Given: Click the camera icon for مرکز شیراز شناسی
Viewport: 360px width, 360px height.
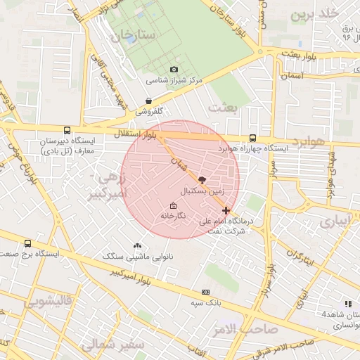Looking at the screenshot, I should click(174, 69).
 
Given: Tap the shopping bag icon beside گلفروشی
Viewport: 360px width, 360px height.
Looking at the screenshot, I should click(149, 101).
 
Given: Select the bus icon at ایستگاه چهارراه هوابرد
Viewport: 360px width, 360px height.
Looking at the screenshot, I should click(252, 139).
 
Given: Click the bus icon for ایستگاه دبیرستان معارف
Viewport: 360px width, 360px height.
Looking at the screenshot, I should click(67, 130).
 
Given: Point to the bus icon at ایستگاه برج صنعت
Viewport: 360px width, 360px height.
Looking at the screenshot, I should click(27, 243).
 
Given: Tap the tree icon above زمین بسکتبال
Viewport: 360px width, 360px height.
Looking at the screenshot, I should click(202, 180).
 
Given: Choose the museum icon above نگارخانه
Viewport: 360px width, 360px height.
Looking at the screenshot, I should click(173, 205).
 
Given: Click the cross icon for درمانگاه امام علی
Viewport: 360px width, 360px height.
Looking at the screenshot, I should click(225, 210).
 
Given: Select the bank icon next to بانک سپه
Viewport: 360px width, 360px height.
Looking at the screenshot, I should click(205, 292).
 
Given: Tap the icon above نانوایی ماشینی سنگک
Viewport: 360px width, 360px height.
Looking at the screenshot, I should click(137, 245).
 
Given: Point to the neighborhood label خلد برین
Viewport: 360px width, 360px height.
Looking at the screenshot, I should click(315, 14).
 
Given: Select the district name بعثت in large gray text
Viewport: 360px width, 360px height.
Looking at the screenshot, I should click(224, 107).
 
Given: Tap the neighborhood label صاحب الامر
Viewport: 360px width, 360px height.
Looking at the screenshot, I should click(248, 329).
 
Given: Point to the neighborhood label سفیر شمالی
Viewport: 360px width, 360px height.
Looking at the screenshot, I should click(112, 345).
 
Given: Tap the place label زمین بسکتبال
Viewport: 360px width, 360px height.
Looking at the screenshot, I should click(202, 191).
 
